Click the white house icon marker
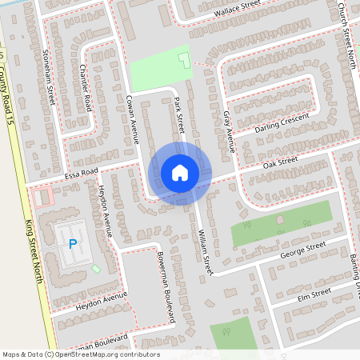(x=179, y=172)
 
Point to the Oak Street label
(x=281, y=163)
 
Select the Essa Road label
(x=81, y=173)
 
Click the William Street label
(x=203, y=248)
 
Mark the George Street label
(x=302, y=249)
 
